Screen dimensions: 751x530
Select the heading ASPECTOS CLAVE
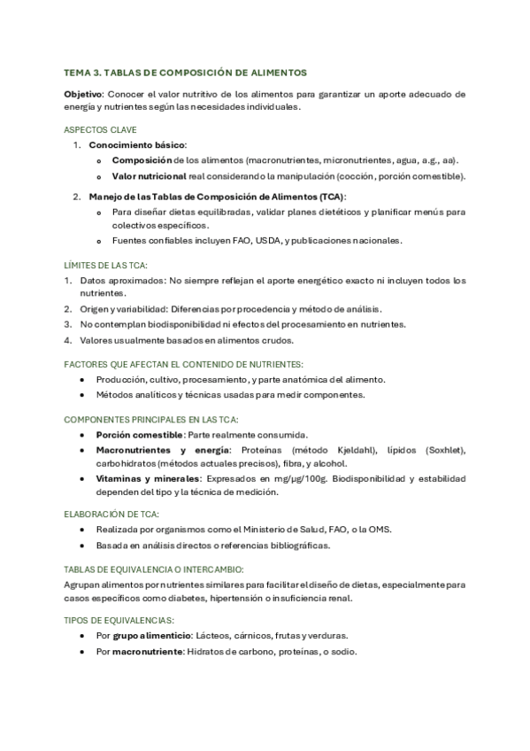point(100,128)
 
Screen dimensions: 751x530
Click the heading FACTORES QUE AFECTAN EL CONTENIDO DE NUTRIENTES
point(184,363)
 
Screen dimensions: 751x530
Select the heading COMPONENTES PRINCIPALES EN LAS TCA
point(151,419)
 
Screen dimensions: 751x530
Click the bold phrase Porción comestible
point(139,435)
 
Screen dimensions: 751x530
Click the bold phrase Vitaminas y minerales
point(150,478)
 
